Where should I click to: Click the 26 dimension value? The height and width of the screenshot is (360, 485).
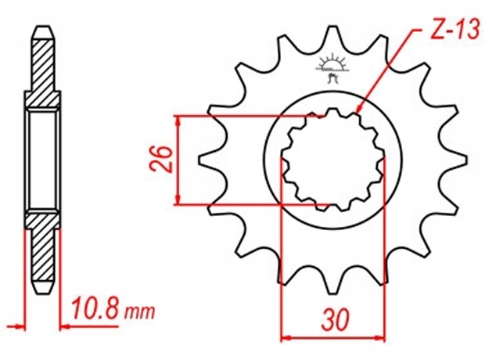pyautogui.click(x=158, y=161)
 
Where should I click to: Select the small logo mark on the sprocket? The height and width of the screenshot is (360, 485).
pyautogui.click(x=333, y=70)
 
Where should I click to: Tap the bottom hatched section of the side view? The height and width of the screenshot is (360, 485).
pyautogui.click(x=43, y=250)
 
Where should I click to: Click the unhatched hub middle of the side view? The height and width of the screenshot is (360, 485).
pyautogui.click(x=43, y=160)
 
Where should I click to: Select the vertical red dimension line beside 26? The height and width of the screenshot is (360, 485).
pyautogui.click(x=180, y=161)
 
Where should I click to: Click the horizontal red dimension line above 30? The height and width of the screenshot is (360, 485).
pyautogui.click(x=332, y=338)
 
